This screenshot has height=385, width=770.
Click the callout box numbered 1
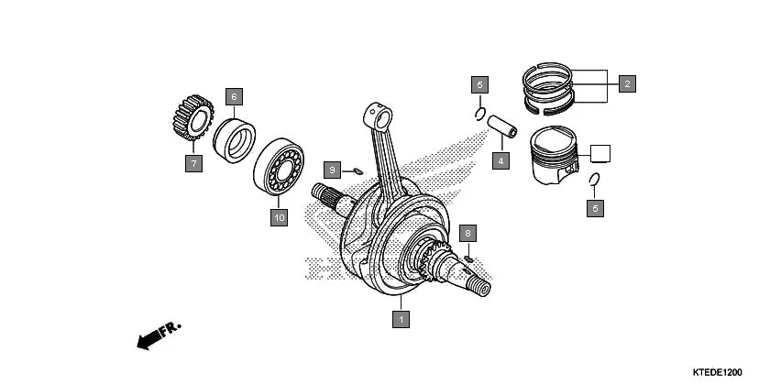pos(400,319)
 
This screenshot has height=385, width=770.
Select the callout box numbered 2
pos(627,84)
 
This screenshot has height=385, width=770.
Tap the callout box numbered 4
pos(500,161)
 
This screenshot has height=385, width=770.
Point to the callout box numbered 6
pos(234,95)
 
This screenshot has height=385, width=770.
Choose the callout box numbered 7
pos(192,164)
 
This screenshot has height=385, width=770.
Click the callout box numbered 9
pos(334,170)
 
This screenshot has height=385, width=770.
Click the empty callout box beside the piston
pos(600,153)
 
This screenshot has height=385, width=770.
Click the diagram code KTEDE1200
pos(717,372)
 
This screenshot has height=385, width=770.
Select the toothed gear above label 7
pos(192,119)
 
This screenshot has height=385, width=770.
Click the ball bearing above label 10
pos(280,168)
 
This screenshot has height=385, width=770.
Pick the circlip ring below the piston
pos(594,180)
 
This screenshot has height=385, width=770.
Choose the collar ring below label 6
pos(236,138)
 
